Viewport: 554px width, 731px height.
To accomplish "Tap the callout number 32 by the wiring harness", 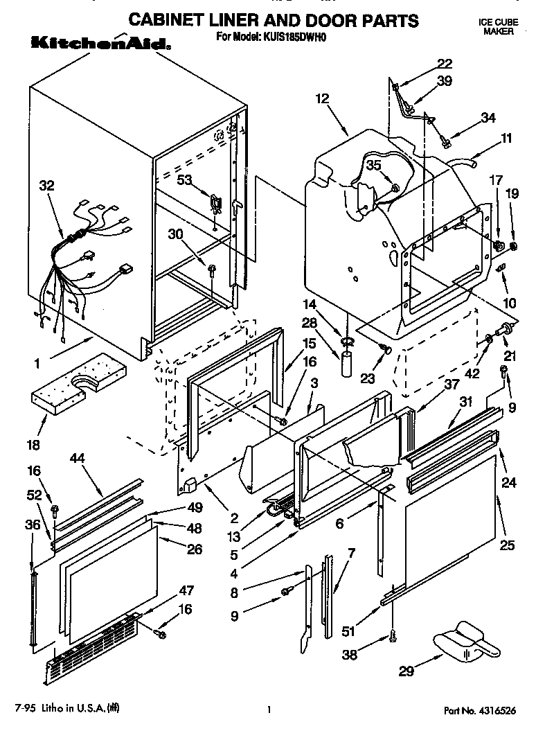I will pos(46,185).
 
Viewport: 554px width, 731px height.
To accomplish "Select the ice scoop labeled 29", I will pos(465,641).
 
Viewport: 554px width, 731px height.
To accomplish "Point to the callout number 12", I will pos(322,98).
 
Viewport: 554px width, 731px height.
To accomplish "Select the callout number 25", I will pos(507,545).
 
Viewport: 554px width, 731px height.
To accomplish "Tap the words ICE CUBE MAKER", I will pos(498,27).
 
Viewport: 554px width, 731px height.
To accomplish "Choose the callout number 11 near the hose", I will pos(506,138).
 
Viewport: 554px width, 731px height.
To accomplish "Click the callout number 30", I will pos(177,234).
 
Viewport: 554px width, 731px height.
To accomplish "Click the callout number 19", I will pos(512,195).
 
